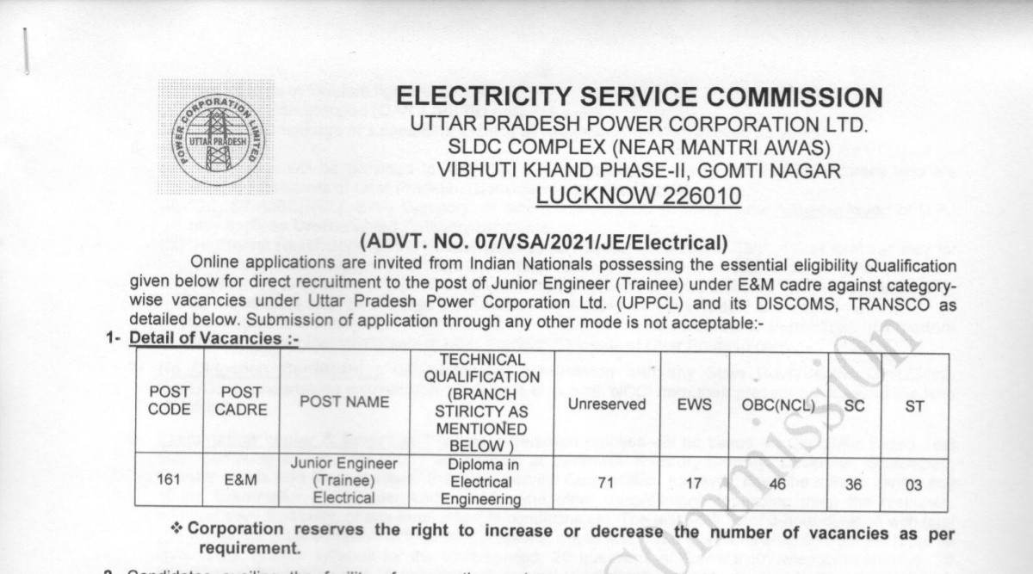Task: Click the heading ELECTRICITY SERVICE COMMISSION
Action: (x=639, y=96)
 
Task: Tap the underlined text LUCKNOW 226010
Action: (x=638, y=196)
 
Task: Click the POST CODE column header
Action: (x=170, y=401)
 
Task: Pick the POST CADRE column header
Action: (x=241, y=401)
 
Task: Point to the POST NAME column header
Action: (x=344, y=402)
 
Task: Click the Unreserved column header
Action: (x=607, y=404)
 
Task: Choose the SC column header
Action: (x=854, y=404)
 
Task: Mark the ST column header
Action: (x=914, y=404)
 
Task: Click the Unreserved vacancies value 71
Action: (x=606, y=484)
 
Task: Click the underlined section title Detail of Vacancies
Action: (x=213, y=340)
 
